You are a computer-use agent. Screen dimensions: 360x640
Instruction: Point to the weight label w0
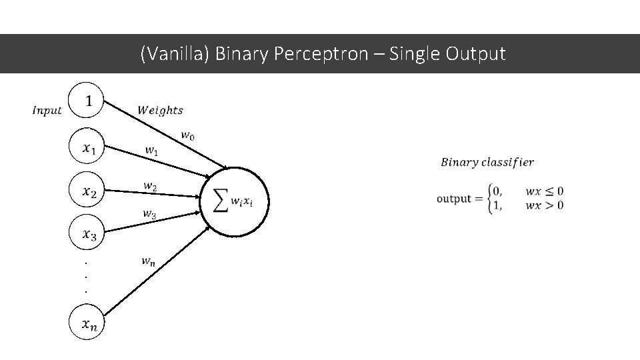point(188,135)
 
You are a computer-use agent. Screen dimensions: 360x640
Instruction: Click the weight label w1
point(152,151)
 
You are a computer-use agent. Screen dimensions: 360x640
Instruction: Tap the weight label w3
point(149,214)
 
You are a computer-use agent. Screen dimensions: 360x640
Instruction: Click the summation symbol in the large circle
point(221,200)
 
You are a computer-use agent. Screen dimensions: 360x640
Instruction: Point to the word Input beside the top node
point(47,111)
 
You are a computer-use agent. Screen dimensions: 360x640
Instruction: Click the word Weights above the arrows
point(160,110)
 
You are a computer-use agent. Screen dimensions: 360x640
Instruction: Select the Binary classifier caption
point(487,162)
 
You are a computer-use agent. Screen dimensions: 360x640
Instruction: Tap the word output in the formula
point(454,199)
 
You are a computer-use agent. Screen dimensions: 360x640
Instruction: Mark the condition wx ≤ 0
point(544,191)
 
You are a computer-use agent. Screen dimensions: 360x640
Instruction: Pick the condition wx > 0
point(544,205)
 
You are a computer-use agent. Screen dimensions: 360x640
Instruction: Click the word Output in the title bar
point(476,53)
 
